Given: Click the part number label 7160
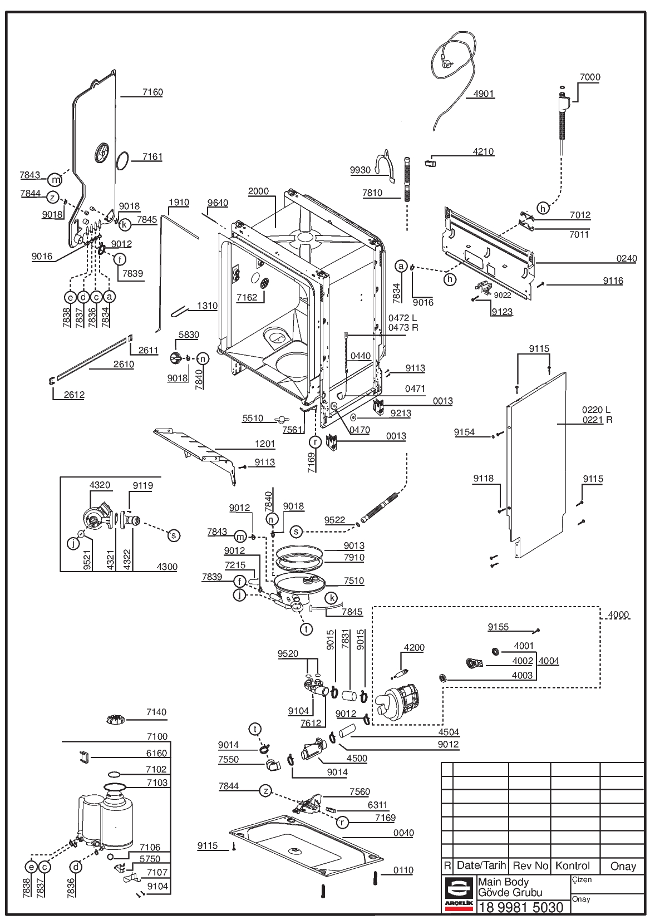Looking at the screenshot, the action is point(152,92).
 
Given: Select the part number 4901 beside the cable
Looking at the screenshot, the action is point(483,94).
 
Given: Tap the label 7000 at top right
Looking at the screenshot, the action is point(590,77).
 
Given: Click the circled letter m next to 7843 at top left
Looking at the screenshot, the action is point(55,179).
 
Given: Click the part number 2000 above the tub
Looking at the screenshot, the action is point(258,191).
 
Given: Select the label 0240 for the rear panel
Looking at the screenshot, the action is point(627,258).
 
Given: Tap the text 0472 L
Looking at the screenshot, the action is point(402,318).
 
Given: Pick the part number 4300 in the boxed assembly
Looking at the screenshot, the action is point(167,567).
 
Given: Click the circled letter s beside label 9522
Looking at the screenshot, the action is point(296,532).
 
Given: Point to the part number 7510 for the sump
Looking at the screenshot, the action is point(354,580).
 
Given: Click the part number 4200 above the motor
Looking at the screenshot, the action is point(414,648).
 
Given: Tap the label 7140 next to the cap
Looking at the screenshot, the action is point(156,712).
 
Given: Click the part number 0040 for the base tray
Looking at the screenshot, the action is point(403,833).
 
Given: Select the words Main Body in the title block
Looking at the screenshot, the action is point(503,882).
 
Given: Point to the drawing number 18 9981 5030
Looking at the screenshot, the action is point(521,907).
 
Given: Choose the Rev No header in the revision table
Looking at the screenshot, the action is point(530,865).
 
